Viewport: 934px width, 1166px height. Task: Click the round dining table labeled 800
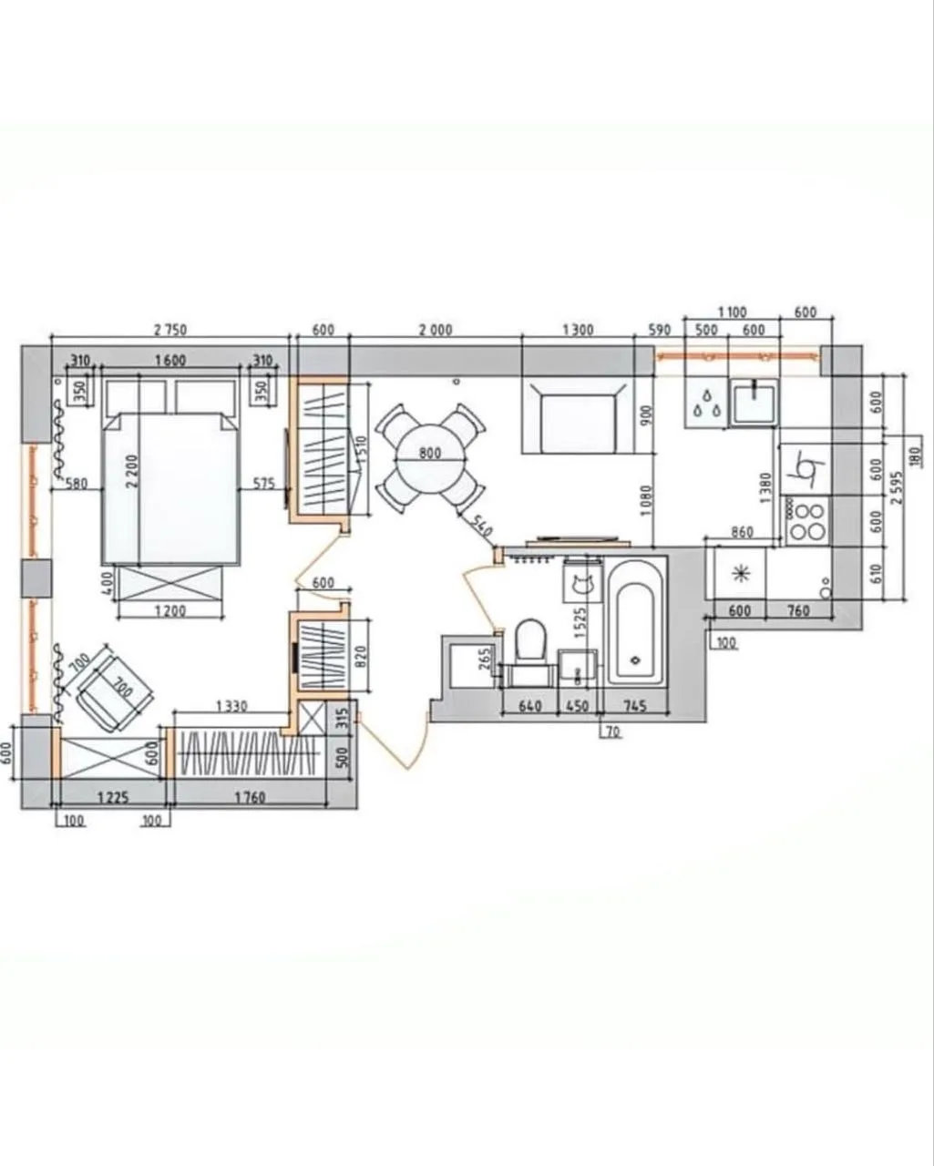430,458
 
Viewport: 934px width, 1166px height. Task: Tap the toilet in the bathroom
530,640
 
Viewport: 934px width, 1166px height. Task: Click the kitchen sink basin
754,401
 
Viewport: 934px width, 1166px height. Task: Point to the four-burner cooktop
806,520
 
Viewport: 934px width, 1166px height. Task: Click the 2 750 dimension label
170,329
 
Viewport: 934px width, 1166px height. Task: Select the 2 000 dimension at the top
436,329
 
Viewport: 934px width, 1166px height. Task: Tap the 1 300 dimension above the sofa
578,329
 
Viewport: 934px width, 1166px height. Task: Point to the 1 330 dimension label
231,706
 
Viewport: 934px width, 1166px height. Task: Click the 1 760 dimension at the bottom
250,798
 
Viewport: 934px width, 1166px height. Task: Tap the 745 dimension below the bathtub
635,705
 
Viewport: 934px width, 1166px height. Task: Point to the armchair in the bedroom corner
115,687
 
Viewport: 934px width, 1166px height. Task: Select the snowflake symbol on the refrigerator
738,575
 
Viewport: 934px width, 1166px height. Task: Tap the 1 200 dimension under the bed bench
169,611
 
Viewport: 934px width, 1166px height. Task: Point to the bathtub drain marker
636,660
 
